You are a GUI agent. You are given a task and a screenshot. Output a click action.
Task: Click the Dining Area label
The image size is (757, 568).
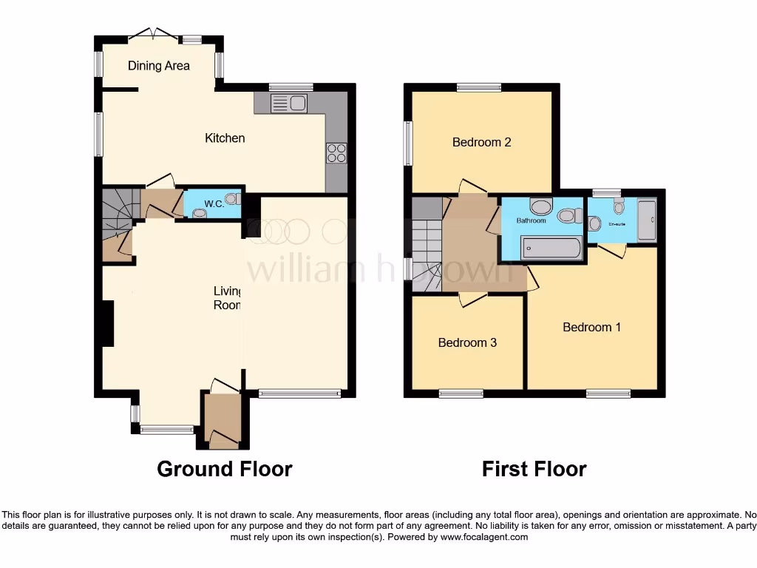158,66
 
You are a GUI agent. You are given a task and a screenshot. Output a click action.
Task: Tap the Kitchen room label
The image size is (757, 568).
225,138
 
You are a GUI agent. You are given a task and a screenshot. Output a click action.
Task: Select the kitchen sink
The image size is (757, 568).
289,104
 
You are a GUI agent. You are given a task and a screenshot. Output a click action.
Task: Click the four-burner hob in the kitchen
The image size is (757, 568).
336,152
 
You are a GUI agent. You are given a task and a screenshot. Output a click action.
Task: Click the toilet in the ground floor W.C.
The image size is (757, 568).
231,198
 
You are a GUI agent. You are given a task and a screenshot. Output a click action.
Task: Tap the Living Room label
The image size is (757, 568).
228,298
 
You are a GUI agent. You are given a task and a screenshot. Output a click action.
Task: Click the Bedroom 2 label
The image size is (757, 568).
481,142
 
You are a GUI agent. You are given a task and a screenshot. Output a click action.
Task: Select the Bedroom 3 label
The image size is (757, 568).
467,342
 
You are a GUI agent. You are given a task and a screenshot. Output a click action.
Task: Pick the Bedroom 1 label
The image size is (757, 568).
591,327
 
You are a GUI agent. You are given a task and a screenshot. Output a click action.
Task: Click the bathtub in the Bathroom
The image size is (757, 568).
551,247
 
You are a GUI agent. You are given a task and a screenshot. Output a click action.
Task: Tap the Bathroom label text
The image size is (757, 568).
531,220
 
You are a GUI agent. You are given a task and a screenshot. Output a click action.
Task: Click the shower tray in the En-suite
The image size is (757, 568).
646,220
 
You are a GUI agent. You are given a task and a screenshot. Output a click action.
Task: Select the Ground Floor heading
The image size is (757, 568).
225,469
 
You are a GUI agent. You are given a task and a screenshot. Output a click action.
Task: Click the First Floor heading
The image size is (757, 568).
534,469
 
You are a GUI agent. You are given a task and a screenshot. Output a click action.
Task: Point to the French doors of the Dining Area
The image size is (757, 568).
153,33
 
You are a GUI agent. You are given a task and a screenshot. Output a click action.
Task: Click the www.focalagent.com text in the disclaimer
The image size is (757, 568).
484,537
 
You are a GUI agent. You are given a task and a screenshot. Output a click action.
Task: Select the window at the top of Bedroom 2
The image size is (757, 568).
479,87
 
